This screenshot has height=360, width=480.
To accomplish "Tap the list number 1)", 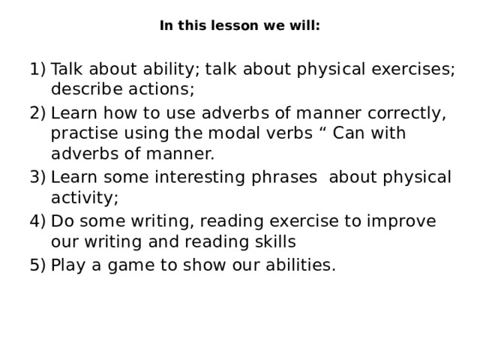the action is click(37, 69).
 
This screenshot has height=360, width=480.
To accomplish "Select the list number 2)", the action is click(37, 113).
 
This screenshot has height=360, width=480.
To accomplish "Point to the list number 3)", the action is click(37, 177).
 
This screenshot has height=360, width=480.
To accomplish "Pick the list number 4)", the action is click(37, 221).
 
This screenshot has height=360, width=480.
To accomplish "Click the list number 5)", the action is click(37, 265).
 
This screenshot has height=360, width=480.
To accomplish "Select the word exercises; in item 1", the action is click(413, 69).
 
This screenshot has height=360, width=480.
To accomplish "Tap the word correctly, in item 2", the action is click(406, 114).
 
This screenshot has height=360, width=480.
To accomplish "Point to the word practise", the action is click(85, 133).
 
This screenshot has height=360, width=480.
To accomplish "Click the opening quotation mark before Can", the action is click(323, 129).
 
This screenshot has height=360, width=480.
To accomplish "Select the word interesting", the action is click(199, 178).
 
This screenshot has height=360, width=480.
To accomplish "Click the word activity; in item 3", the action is click(85, 198).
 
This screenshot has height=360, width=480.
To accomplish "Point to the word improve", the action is click(401, 222).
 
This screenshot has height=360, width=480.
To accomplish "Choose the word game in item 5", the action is click(131, 265).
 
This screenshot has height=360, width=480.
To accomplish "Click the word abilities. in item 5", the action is click(301, 265).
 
